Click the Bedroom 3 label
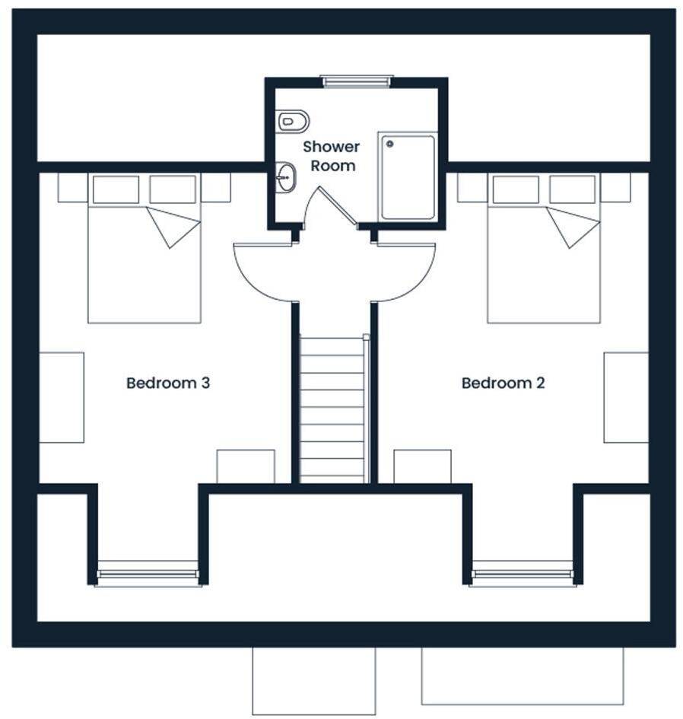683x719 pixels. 167,383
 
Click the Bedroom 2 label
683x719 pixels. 503,383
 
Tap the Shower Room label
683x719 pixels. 331,155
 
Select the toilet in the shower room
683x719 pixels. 293,120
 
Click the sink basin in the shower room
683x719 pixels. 285,178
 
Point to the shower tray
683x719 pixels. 408,177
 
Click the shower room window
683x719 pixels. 356,81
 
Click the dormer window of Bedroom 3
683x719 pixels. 148,573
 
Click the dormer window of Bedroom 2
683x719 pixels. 523,573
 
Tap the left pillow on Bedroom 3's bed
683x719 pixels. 116,189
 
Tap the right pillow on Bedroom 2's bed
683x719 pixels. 572,189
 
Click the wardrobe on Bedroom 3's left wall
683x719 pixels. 61,396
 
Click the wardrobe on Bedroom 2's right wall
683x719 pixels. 626,396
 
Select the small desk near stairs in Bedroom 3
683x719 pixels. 246,466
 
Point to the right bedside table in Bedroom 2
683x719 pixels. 615,187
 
